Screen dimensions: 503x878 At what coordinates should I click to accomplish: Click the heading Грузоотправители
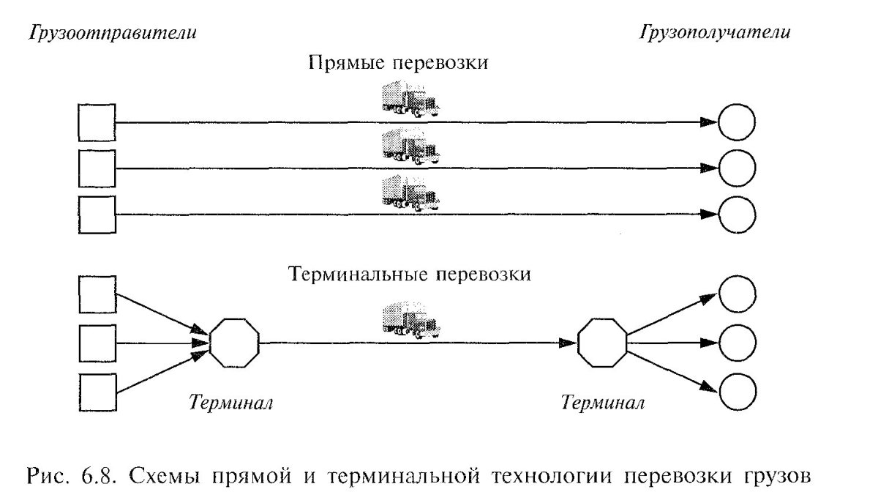coord(112,33)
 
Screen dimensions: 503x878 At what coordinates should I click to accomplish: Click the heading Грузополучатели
coord(715,33)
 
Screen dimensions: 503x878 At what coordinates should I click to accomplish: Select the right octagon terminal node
coord(602,343)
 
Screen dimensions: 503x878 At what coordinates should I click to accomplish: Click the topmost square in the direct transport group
coord(97,122)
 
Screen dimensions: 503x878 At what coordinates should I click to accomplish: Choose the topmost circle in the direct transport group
coord(736,123)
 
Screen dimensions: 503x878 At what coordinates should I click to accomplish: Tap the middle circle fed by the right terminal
coord(736,343)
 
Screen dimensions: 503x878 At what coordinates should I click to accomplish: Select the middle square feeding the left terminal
coord(97,343)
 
